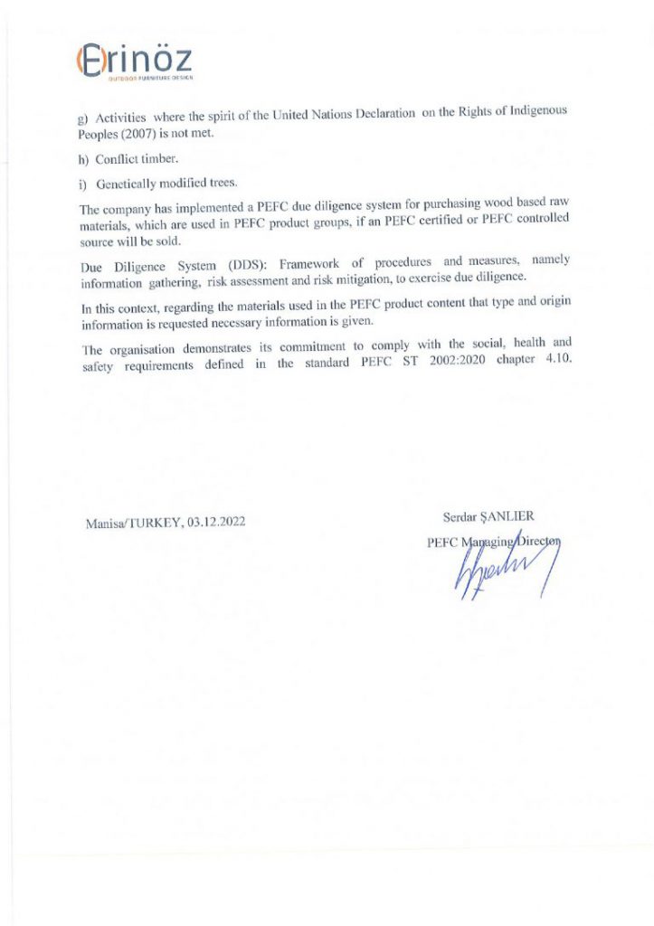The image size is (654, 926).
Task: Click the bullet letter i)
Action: pyautogui.click(x=82, y=184)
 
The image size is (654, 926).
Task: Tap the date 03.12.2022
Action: pyautogui.click(x=215, y=522)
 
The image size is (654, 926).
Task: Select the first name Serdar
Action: pyautogui.click(x=459, y=517)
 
